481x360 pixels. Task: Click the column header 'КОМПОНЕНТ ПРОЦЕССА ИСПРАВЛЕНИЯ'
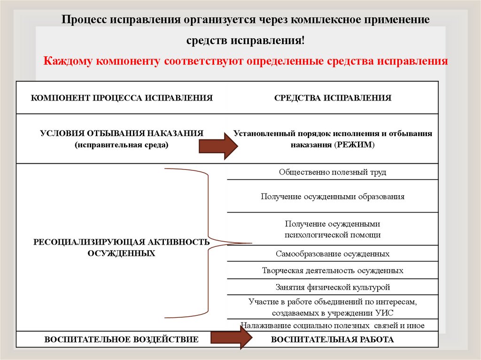[x=122, y=98]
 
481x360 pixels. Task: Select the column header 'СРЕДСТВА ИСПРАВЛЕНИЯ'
[x=333, y=98]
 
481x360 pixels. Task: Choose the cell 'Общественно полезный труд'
[x=333, y=172]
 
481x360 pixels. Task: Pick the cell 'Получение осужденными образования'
[x=333, y=197]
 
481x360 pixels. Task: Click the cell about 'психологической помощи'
[x=333, y=229]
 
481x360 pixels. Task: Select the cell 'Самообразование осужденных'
[x=333, y=254]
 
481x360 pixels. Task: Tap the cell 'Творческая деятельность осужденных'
[x=333, y=271]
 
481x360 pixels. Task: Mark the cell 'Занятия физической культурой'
[x=333, y=287]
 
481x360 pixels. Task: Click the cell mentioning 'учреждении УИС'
[x=333, y=307]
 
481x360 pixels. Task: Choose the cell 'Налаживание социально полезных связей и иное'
[x=333, y=325]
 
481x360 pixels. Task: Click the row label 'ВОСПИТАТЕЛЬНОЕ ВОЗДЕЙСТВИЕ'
[x=121, y=339]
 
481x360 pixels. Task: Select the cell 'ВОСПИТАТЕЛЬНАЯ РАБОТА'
[x=333, y=339]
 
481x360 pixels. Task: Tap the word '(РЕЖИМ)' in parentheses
[x=355, y=145]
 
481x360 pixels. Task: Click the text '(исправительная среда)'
[x=121, y=145]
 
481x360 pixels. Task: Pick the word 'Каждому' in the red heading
[x=66, y=61]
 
